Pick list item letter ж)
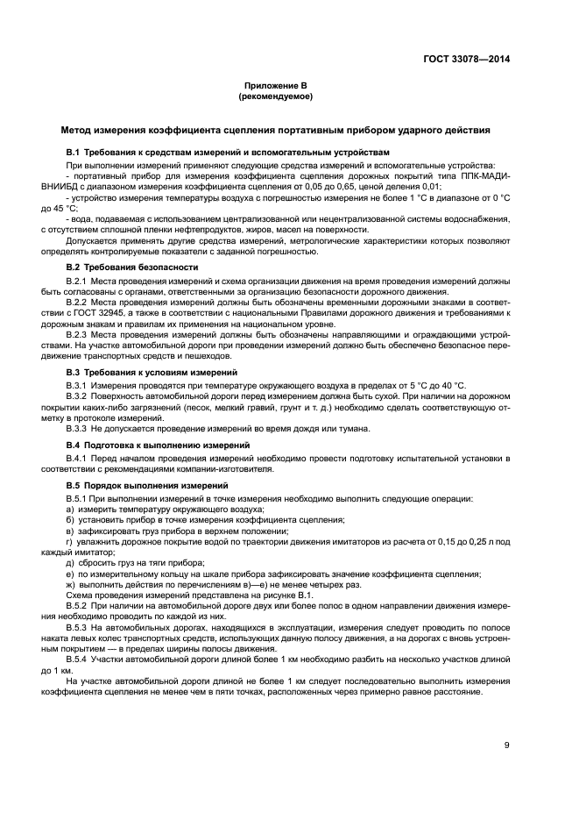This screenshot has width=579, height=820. (x=71, y=584)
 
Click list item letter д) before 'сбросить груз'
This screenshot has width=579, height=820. (x=70, y=562)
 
